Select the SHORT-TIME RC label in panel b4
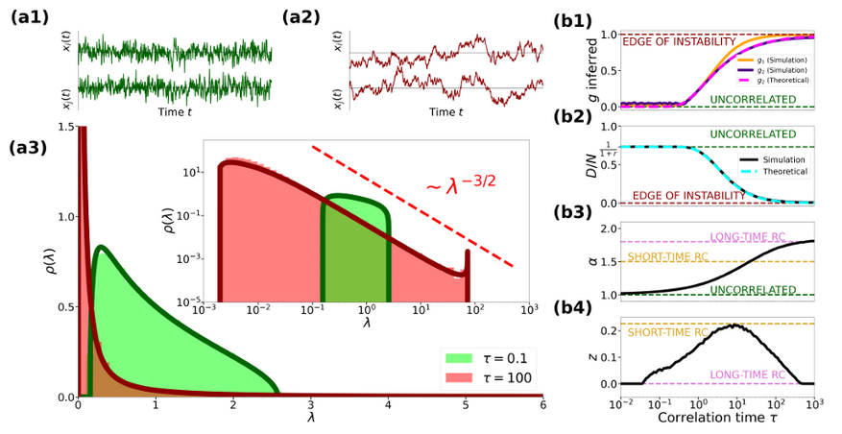668,332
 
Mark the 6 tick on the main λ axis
542,406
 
